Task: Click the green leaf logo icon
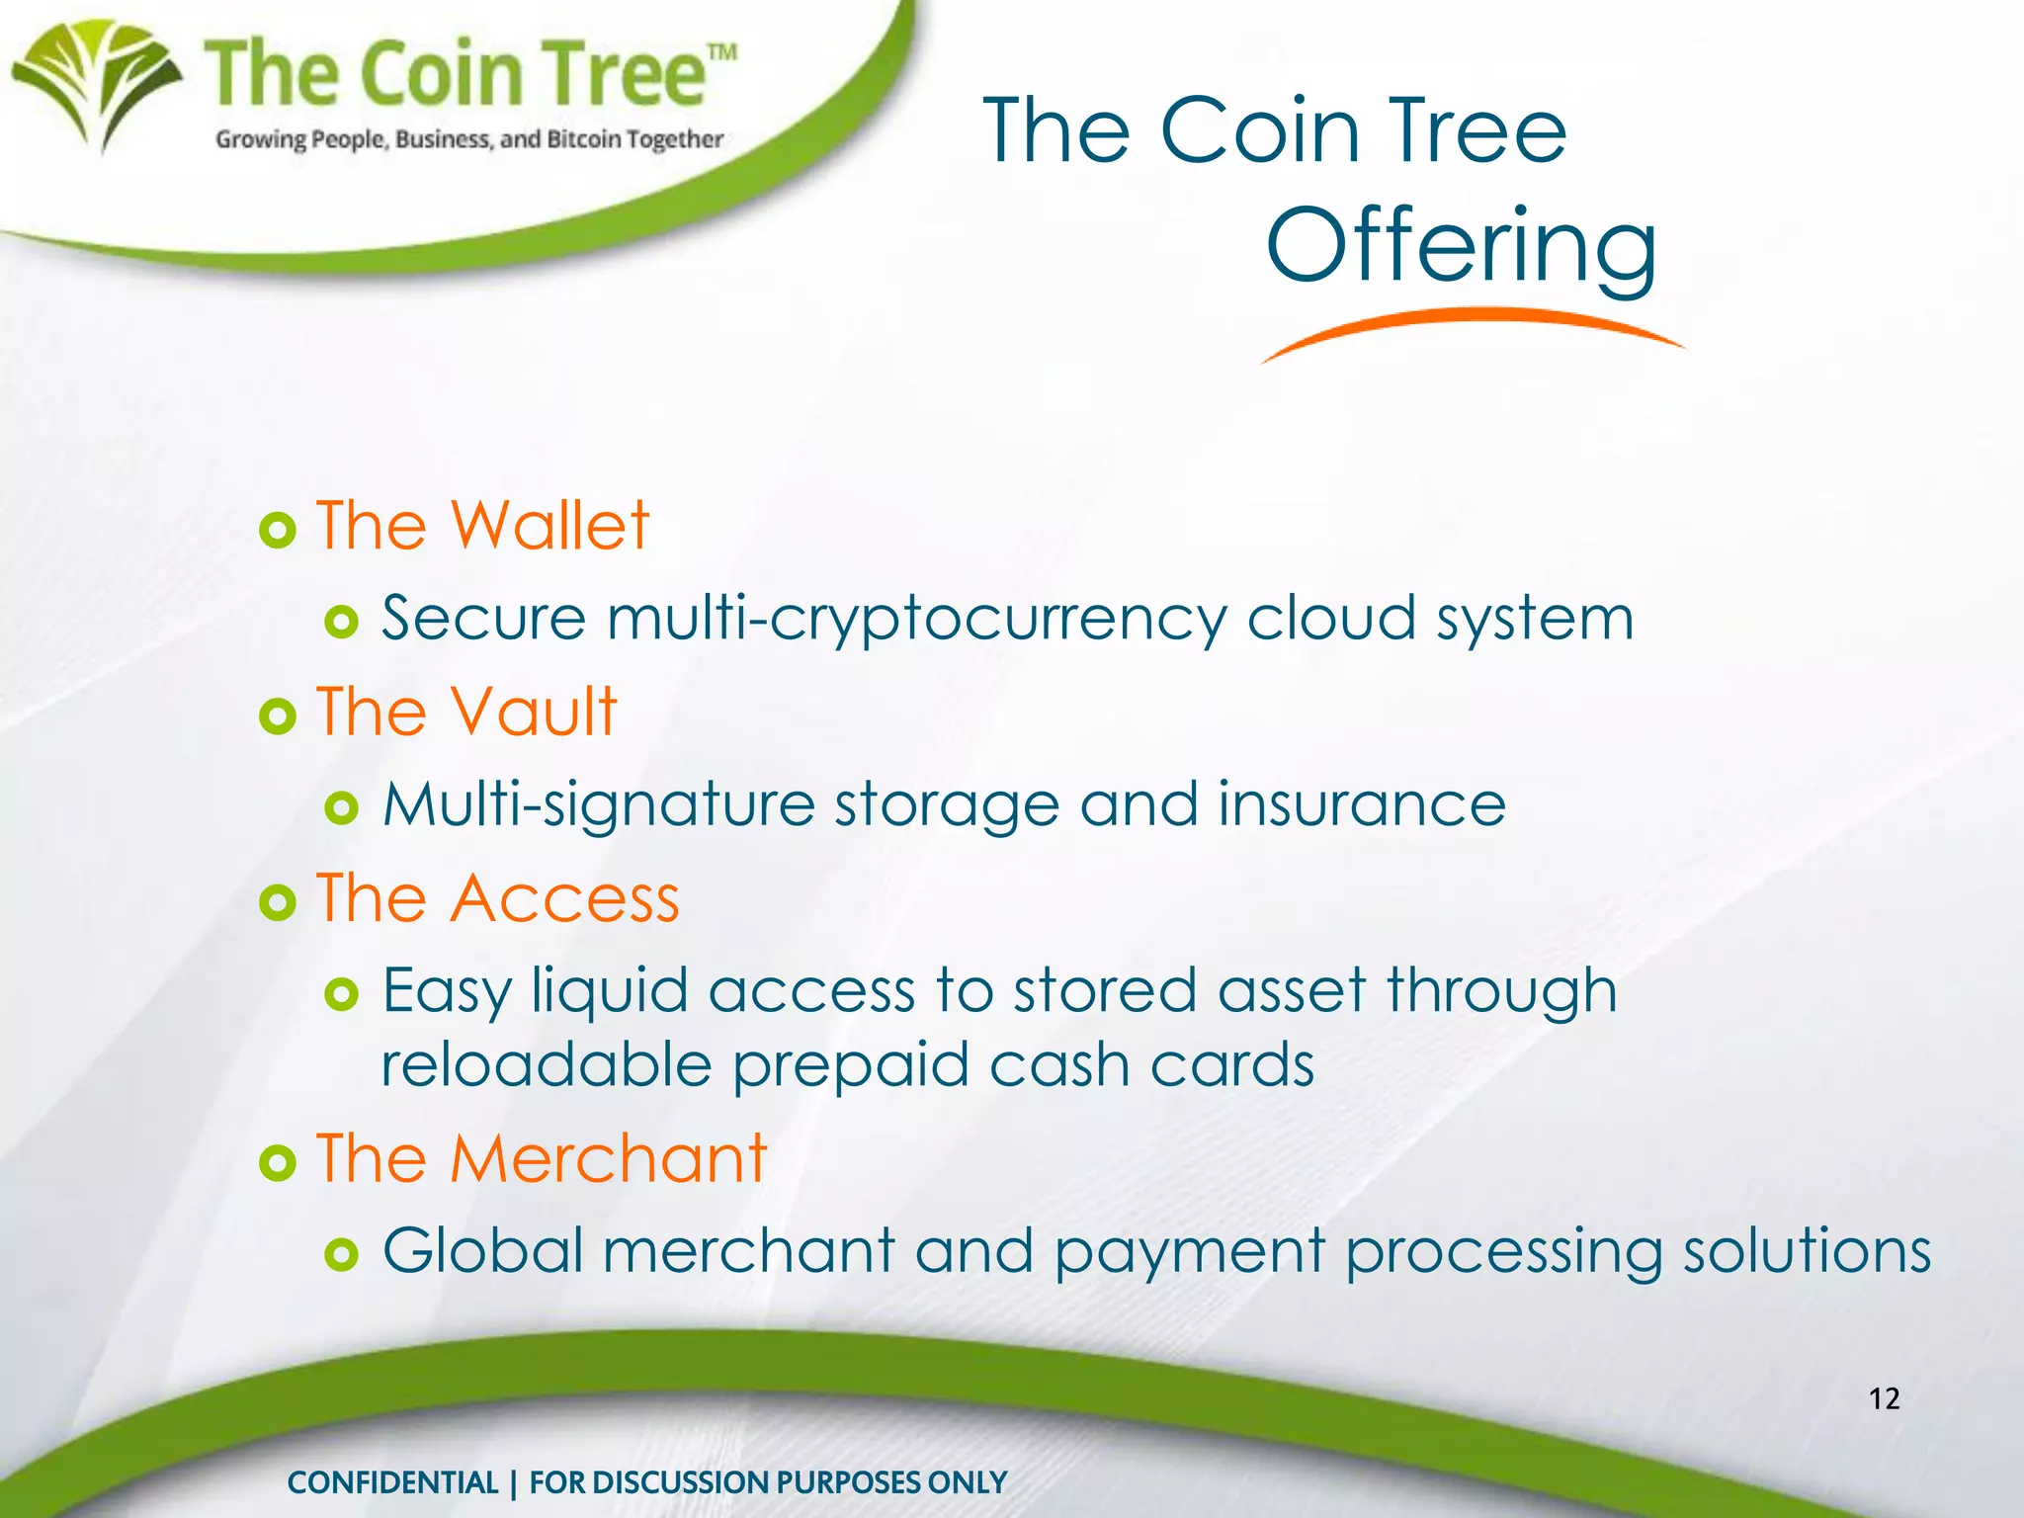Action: point(97,83)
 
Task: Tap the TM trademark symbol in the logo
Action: point(722,52)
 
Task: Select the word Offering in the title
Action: point(1461,247)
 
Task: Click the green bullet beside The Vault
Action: point(278,716)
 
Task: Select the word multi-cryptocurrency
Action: point(916,620)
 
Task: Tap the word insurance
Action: point(1362,804)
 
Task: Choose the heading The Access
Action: point(498,899)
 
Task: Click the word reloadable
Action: point(547,1065)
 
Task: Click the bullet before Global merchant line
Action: point(341,1255)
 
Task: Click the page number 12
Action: point(1885,1398)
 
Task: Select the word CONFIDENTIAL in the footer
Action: point(392,1482)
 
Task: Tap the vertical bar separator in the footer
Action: point(514,1483)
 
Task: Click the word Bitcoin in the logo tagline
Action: point(584,139)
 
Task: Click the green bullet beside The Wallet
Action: point(278,531)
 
